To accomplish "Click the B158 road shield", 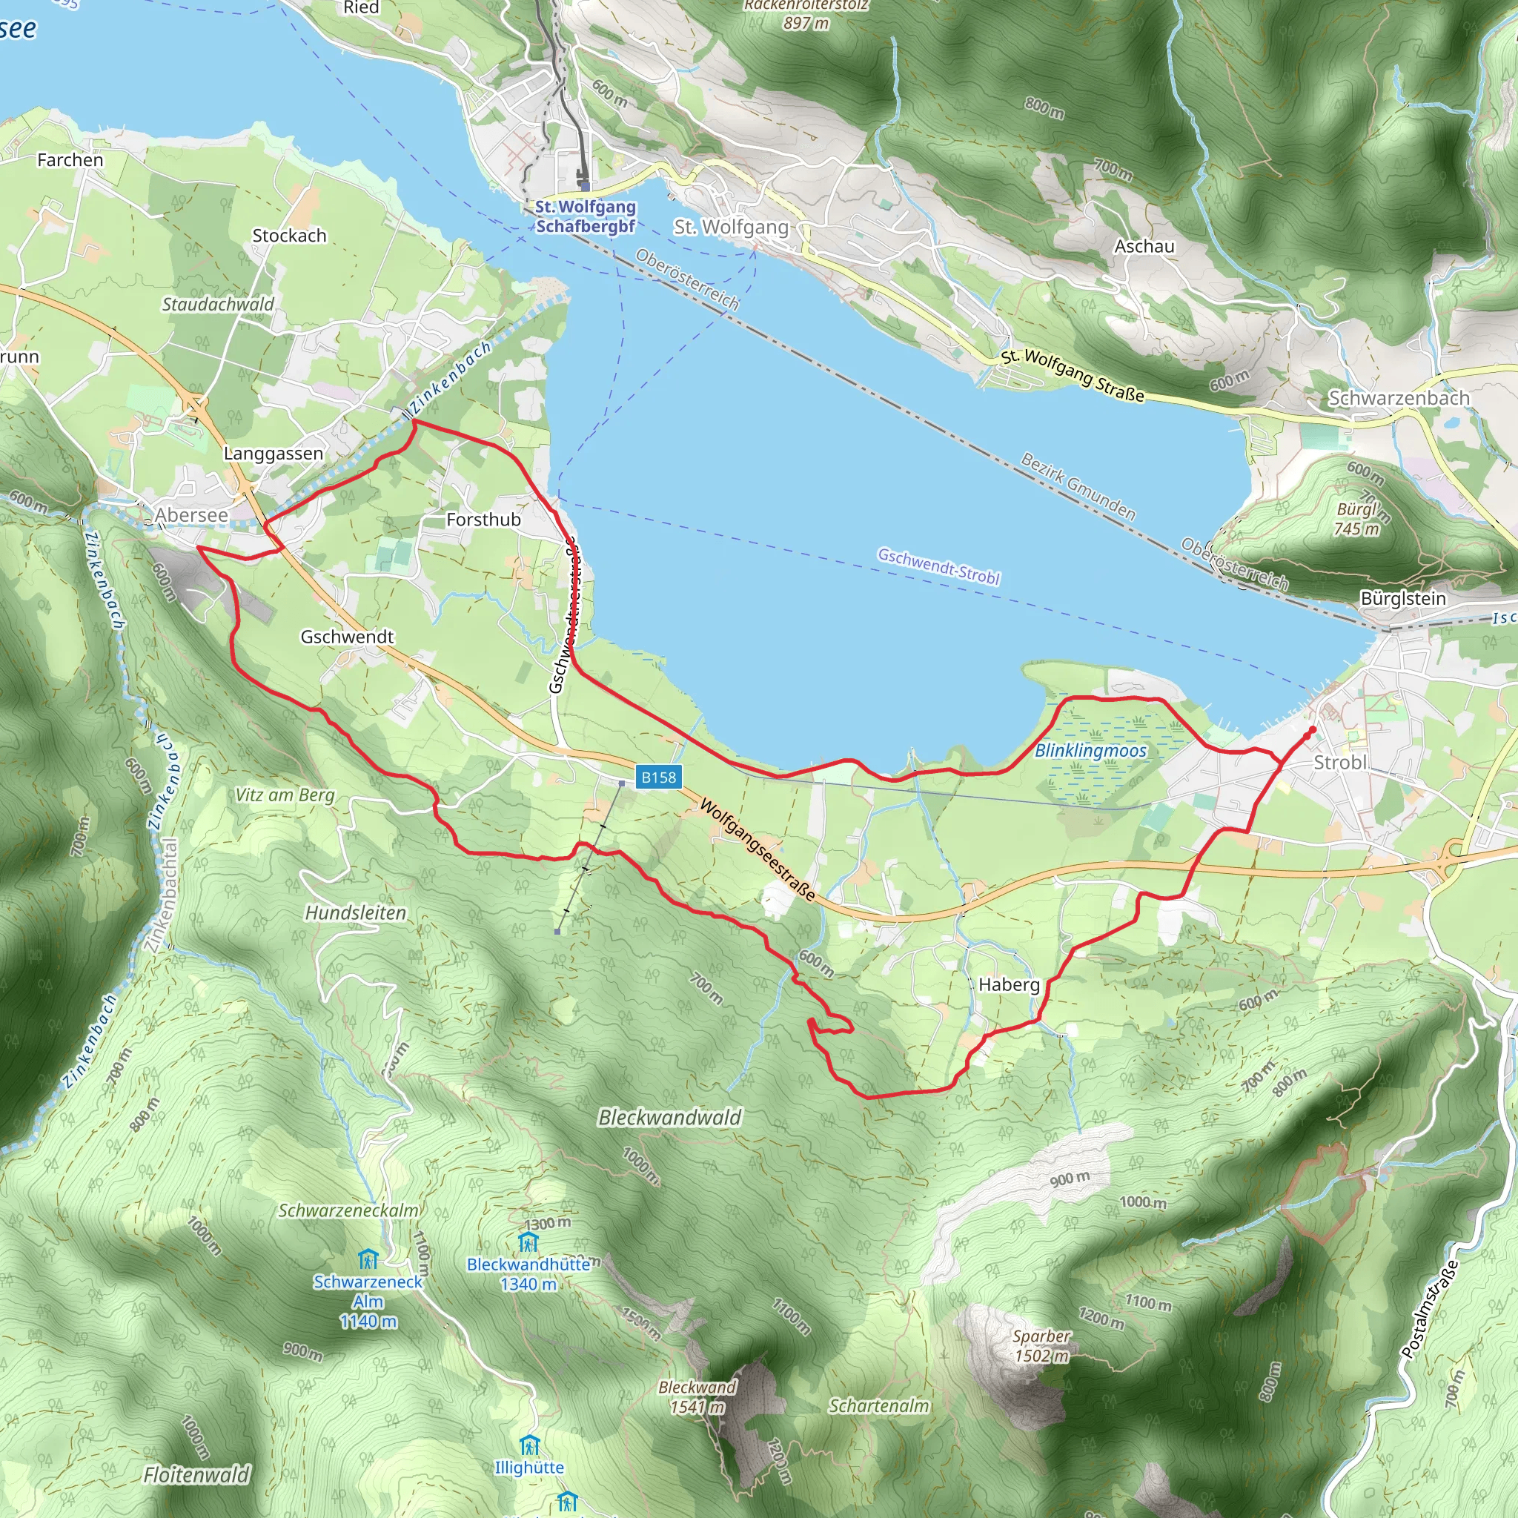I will (657, 777).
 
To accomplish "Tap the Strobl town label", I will (1340, 762).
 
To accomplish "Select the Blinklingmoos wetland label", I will (1090, 750).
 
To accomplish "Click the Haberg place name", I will (1009, 984).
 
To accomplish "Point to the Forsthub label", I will (483, 520).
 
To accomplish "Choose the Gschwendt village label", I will (346, 637).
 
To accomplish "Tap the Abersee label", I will (191, 515).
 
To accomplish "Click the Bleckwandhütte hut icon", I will (528, 1242).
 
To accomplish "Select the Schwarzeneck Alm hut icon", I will (368, 1260).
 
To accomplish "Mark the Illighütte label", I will (528, 1467).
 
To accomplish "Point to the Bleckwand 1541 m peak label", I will (697, 1396).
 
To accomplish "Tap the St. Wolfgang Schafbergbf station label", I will (586, 216).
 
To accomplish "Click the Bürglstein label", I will (1402, 599).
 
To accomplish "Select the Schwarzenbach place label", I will (1399, 397).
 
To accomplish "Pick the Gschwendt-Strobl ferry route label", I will (938, 566).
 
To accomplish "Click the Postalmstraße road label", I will (1429, 1309).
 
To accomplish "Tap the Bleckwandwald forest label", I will (669, 1117).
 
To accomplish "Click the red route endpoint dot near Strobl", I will (1312, 730).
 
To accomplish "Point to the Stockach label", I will (289, 236).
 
